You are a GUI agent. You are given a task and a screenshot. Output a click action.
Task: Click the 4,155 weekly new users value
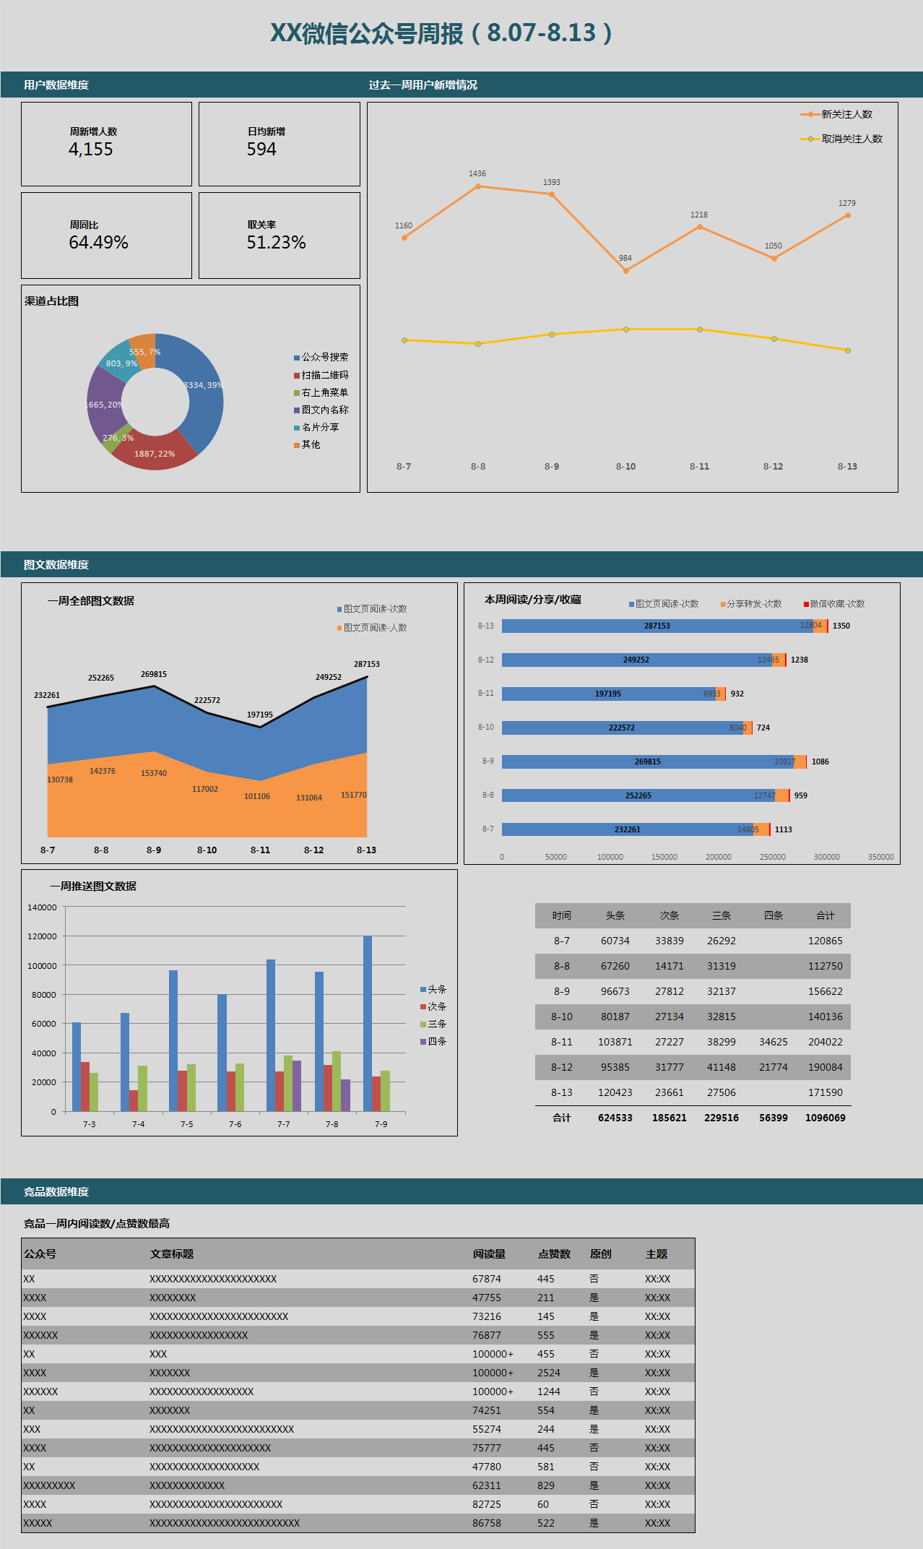pos(91,150)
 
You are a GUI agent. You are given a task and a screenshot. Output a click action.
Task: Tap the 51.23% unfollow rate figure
pos(276,243)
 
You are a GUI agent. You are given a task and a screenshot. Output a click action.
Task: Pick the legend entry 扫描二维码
pos(324,375)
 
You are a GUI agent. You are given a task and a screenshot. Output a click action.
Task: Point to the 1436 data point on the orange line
pos(478,186)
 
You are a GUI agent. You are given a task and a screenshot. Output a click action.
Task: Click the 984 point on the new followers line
pos(625,270)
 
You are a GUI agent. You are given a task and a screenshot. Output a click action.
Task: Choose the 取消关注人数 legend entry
pos(851,139)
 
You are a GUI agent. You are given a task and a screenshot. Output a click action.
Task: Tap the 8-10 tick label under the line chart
pos(625,467)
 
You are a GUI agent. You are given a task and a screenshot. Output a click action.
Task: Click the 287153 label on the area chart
pos(366,664)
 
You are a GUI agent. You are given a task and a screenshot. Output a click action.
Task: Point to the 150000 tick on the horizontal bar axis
pos(664,857)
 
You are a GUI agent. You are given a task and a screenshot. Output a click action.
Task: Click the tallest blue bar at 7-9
pos(368,1022)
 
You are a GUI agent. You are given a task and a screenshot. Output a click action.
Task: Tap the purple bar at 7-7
pos(297,1086)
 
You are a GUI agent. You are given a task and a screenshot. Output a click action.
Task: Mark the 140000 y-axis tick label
pos(42,907)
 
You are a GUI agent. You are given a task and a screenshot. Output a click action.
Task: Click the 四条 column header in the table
pos(773,915)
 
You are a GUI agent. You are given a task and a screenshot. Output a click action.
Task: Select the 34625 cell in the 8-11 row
pos(773,1042)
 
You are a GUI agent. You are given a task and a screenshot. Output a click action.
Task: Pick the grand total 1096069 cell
pos(825,1118)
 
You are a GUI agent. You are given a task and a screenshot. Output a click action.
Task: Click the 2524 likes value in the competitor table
pos(548,1373)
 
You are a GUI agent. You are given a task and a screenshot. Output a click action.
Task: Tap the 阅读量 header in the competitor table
pos(489,1254)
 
